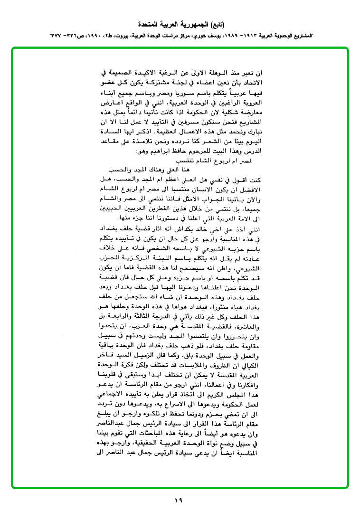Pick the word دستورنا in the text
(179, 218)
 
